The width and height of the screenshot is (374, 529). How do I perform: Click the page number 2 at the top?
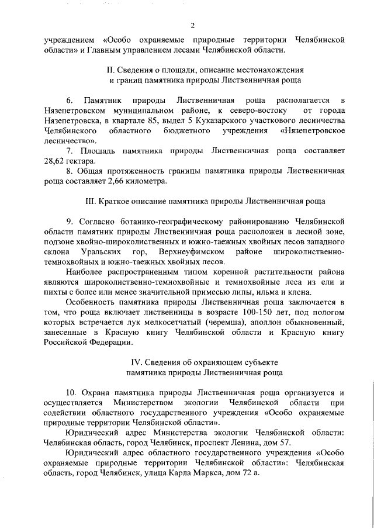[x=192, y=24]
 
